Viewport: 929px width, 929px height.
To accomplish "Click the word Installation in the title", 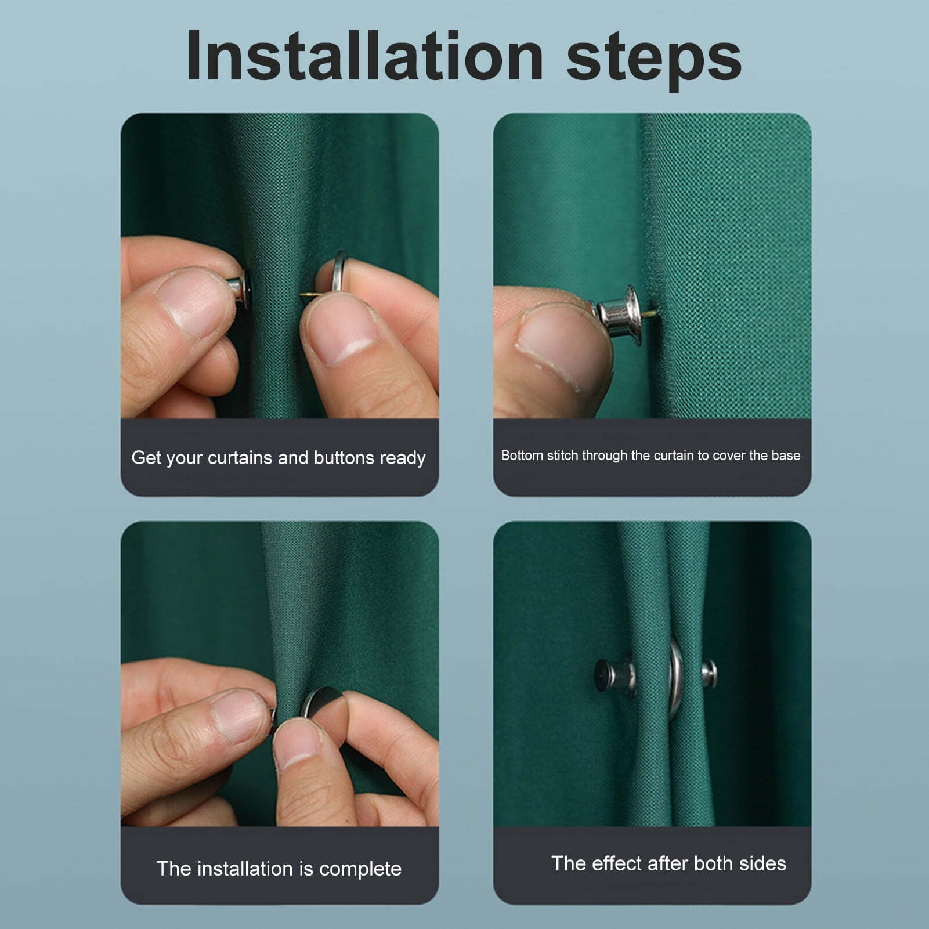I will coord(364,57).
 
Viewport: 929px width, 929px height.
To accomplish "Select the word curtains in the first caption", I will coord(240,458).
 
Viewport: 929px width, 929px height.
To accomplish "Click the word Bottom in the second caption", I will coord(522,456).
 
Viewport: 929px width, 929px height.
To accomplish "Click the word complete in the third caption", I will coord(360,869).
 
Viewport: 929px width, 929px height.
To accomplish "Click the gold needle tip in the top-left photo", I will coord(306,295).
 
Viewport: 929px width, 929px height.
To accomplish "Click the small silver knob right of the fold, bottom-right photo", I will coord(709,673).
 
